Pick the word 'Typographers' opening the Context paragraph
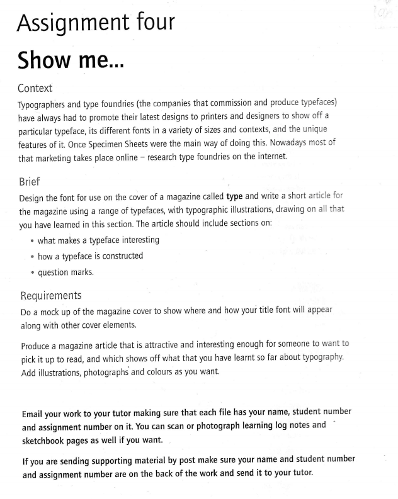tap(49, 103)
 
